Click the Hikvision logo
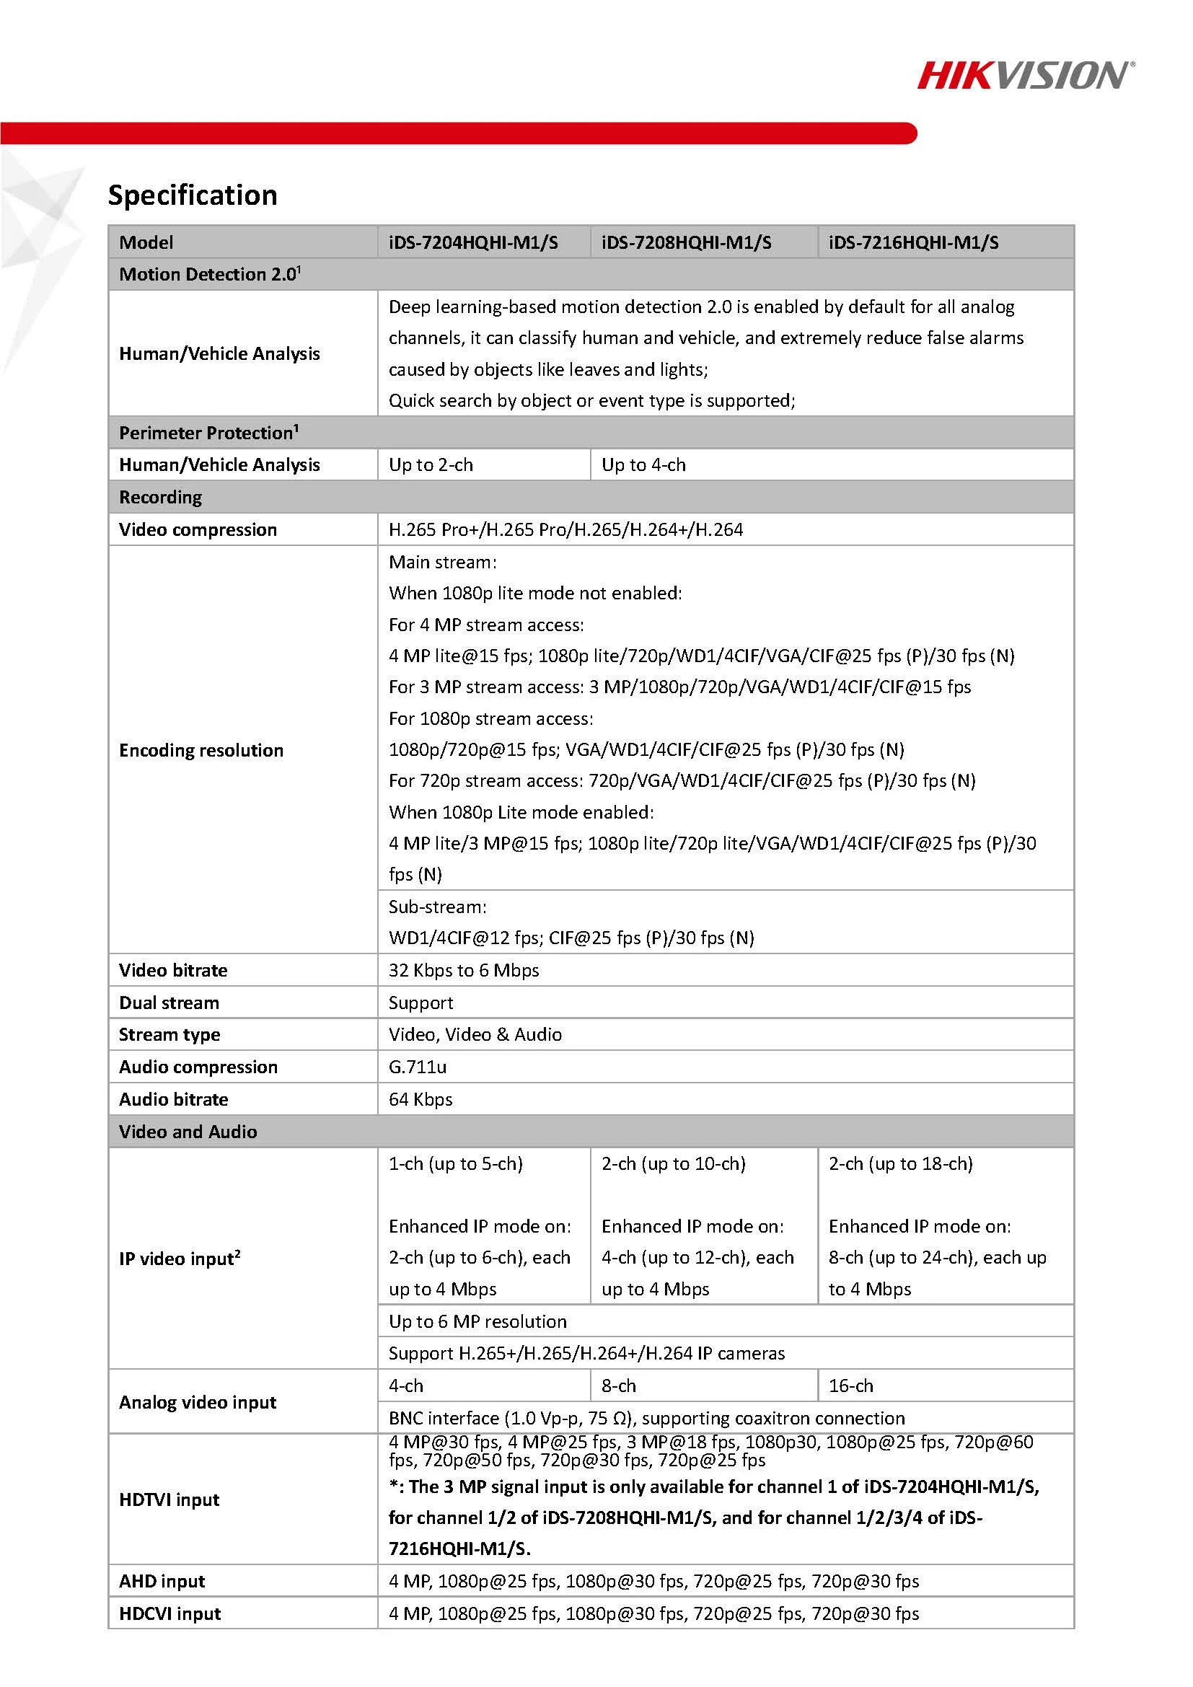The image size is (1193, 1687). [x=1025, y=75]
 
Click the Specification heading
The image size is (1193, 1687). [x=193, y=195]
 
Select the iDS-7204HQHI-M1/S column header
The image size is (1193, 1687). [x=473, y=242]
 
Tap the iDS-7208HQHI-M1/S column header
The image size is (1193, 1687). [x=686, y=242]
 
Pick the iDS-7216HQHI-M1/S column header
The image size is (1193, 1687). [x=913, y=242]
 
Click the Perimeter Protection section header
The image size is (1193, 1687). [x=208, y=433]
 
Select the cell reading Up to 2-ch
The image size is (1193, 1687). [x=431, y=465]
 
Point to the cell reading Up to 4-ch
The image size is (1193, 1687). [x=643, y=465]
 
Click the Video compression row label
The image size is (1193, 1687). [x=198, y=530]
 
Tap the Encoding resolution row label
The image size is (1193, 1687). [x=201, y=750]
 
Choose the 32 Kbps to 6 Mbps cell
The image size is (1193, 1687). [x=464, y=971]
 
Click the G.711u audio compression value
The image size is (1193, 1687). [x=417, y=1067]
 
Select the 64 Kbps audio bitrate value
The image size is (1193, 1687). [x=421, y=1099]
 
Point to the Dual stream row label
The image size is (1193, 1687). [x=169, y=1003]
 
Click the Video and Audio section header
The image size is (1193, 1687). [x=188, y=1132]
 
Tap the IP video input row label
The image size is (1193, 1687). [x=180, y=1259]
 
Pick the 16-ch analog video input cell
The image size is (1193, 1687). [x=850, y=1386]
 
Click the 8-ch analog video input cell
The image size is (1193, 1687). [x=619, y=1386]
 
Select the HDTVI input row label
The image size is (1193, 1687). [x=169, y=1499]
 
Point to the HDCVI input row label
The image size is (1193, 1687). [x=170, y=1613]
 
